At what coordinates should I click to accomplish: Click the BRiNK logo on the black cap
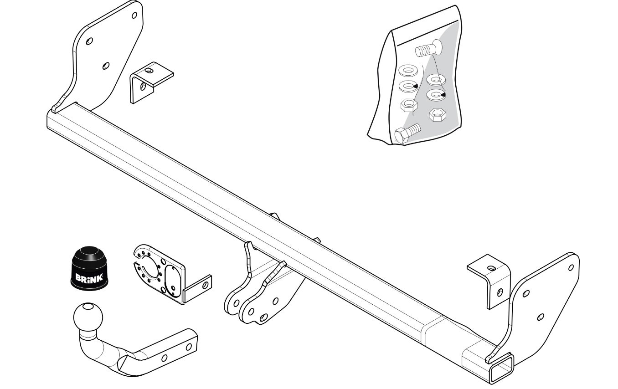(89, 277)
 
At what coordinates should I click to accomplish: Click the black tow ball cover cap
(89, 268)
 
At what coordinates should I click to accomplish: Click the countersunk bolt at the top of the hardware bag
(429, 49)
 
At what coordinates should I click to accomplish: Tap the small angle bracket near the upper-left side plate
(151, 82)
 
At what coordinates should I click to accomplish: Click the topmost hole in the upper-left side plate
(134, 15)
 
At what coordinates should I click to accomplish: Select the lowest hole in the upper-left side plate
(106, 66)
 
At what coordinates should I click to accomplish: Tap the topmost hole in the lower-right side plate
(571, 267)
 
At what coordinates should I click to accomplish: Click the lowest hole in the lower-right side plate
(541, 317)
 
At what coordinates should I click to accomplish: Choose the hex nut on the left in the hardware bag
(409, 105)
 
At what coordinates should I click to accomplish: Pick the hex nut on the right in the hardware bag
(438, 114)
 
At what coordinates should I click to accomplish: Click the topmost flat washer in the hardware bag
(408, 71)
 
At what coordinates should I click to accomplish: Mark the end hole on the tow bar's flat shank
(189, 347)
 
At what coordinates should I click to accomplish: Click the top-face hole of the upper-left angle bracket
(149, 71)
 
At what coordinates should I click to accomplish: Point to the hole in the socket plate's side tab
(205, 285)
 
